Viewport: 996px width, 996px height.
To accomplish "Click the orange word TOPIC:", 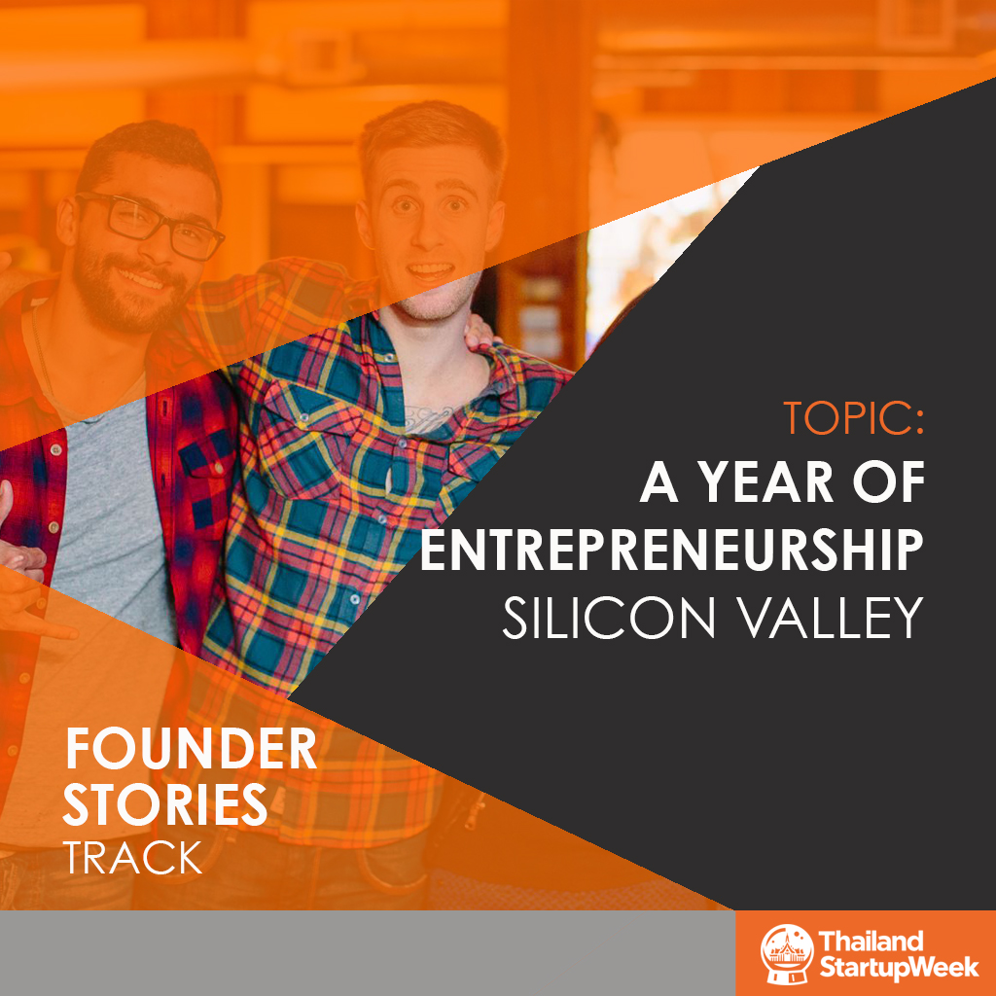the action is (x=853, y=417).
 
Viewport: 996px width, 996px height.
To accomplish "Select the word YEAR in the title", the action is (x=766, y=482).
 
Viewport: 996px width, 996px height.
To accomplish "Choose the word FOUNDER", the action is (x=191, y=749).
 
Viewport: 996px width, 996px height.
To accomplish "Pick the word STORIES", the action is (x=165, y=804).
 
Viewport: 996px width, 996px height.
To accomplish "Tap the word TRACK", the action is (x=132, y=858).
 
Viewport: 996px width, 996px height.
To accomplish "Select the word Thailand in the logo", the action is (x=871, y=941).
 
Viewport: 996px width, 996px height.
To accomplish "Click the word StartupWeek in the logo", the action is (x=899, y=967).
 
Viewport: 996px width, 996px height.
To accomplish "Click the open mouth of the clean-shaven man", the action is (x=430, y=272).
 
